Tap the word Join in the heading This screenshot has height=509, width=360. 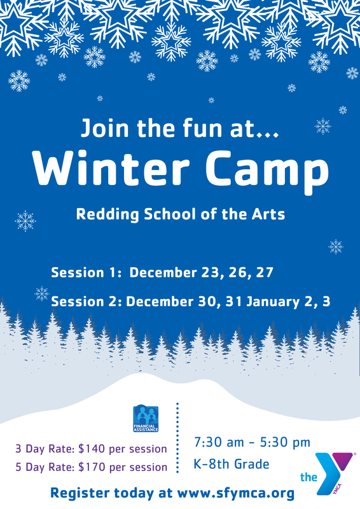pyautogui.click(x=104, y=129)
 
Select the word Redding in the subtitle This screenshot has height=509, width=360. pyautogui.click(x=103, y=214)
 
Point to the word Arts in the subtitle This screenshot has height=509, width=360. pyautogui.click(x=269, y=214)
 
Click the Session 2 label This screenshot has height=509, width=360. pyautogui.click(x=87, y=301)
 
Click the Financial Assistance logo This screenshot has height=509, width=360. pyautogui.click(x=146, y=418)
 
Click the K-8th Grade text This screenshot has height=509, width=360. pyautogui.click(x=231, y=464)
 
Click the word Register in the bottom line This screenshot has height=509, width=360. pyautogui.click(x=82, y=493)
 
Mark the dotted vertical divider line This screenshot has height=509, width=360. pyautogui.click(x=177, y=439)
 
